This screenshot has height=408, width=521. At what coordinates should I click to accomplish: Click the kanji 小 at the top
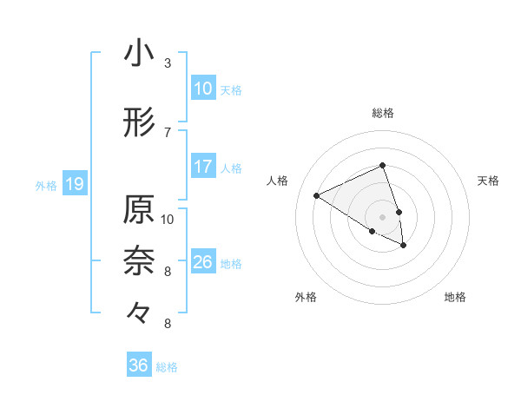(x=139, y=53)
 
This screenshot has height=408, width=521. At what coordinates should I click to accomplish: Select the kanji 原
(x=139, y=209)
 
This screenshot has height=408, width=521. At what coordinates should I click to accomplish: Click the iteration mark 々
(x=139, y=310)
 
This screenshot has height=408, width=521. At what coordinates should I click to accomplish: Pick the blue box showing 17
(x=203, y=166)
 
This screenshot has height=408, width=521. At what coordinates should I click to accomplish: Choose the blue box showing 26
(x=203, y=261)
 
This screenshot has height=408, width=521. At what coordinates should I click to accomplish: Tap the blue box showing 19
(x=74, y=183)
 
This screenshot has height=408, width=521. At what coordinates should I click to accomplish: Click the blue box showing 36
(x=139, y=365)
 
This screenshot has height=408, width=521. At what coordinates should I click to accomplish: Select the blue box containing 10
(x=203, y=88)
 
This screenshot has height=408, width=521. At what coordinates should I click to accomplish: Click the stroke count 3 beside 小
(x=167, y=63)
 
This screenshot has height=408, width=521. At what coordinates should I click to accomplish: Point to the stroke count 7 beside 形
(x=167, y=132)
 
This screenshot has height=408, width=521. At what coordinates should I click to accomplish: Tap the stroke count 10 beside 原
(x=168, y=219)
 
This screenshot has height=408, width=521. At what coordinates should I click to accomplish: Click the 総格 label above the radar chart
(x=383, y=113)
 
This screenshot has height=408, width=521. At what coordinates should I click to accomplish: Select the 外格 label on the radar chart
(x=306, y=297)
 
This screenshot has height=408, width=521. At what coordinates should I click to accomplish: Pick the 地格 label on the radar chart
(x=455, y=297)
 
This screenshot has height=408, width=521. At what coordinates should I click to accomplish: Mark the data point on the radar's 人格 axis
(x=317, y=195)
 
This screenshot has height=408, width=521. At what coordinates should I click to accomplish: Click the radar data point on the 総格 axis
(x=382, y=165)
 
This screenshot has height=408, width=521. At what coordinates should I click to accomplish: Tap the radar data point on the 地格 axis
(x=404, y=246)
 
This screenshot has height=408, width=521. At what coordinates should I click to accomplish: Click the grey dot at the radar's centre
(x=382, y=216)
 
